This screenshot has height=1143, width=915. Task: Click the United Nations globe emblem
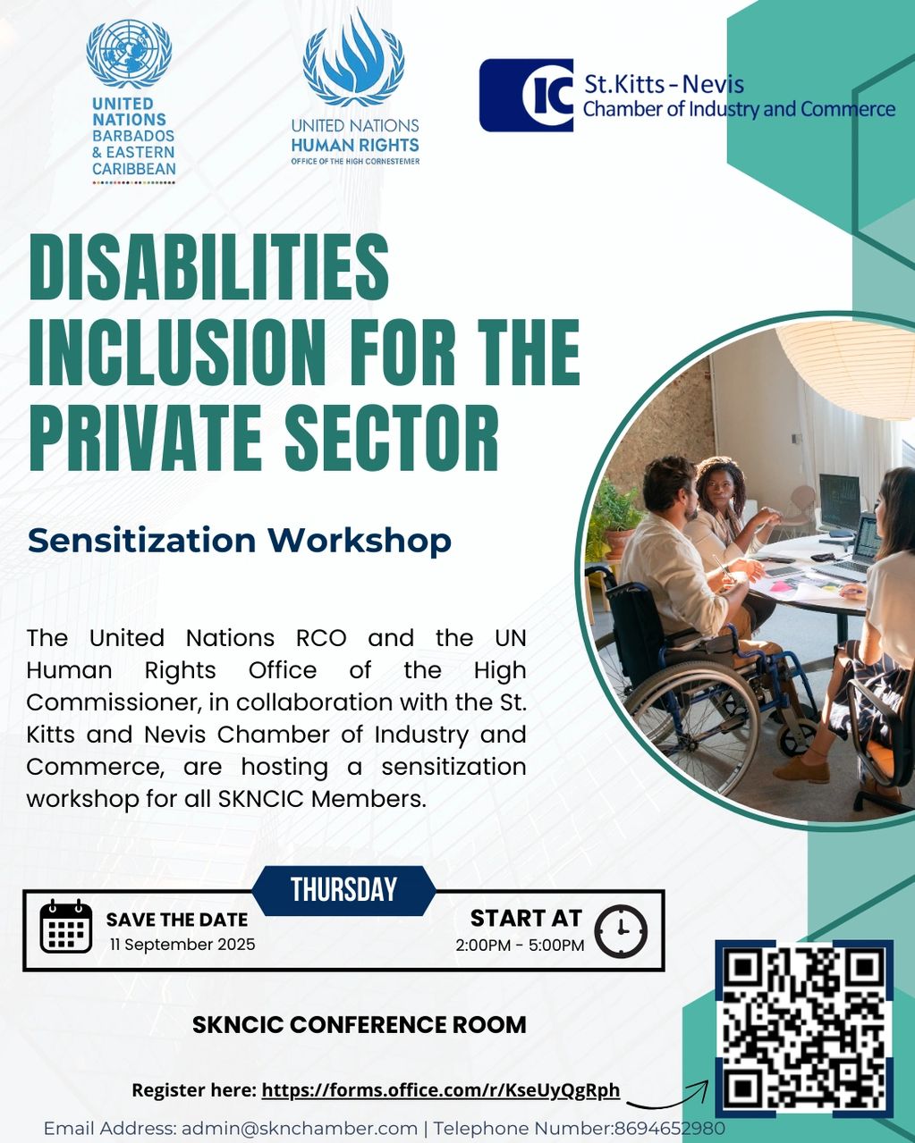click(x=129, y=54)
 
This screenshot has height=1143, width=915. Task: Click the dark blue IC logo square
click(x=526, y=95)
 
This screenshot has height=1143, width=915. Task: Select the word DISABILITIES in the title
click(x=209, y=267)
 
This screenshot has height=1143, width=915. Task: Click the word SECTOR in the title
click(x=394, y=437)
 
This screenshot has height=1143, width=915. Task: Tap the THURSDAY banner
click(x=344, y=890)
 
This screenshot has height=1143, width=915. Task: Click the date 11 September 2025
click(x=182, y=945)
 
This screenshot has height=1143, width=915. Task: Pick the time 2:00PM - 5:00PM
click(x=520, y=945)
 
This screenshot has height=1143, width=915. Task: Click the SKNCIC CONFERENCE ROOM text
click(x=359, y=1025)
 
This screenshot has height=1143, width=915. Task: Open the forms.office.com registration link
click(x=441, y=1090)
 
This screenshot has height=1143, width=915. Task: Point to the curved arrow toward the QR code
click(x=668, y=1099)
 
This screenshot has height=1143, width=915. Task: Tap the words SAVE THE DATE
click(x=177, y=920)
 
